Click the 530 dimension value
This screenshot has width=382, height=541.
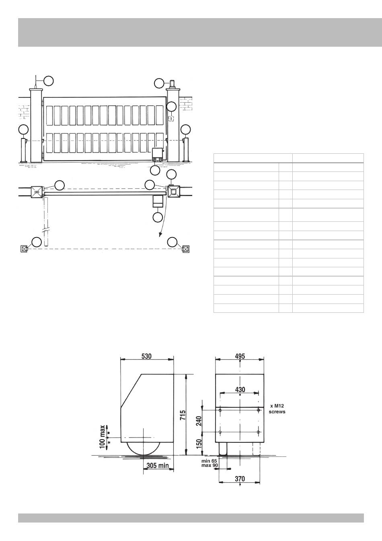click(146, 356)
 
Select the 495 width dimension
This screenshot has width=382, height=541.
click(240, 356)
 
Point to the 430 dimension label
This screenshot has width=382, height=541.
click(240, 389)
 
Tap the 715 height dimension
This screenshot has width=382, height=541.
click(183, 415)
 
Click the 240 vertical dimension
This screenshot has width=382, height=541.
click(199, 421)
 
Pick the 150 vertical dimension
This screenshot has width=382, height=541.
click(199, 444)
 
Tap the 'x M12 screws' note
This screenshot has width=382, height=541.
click(277, 409)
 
